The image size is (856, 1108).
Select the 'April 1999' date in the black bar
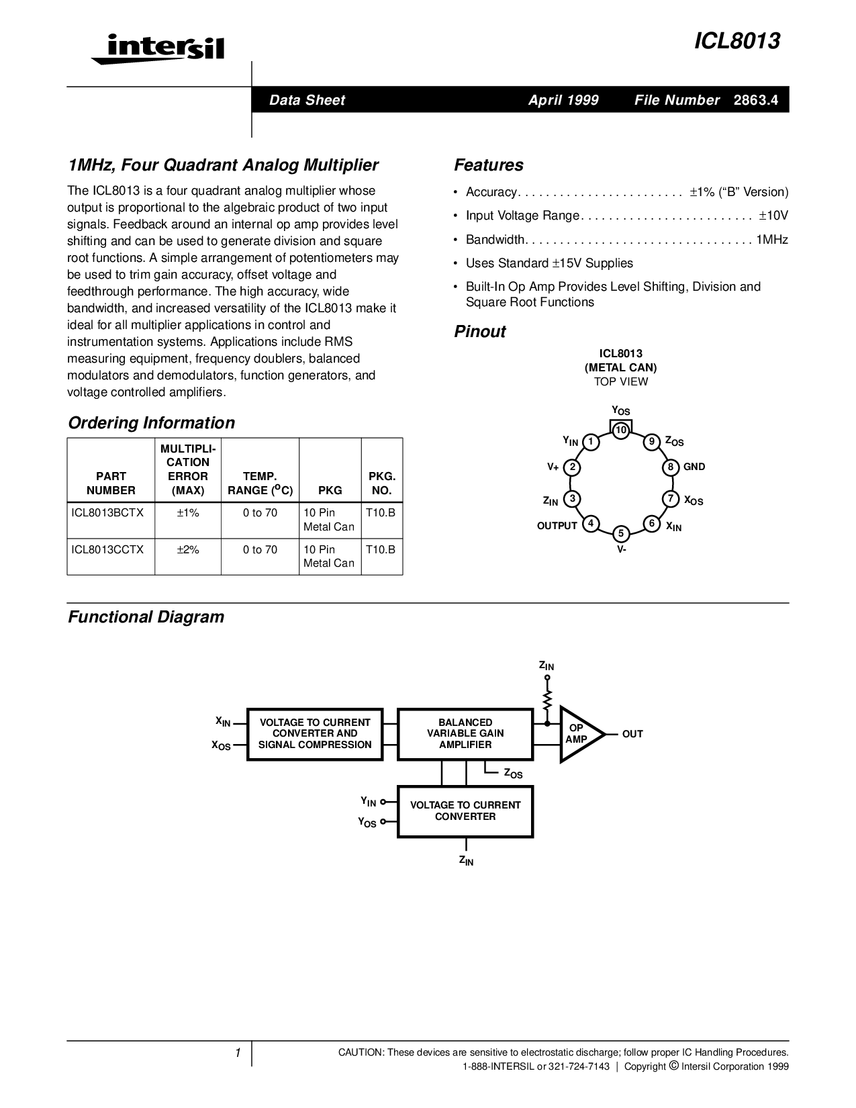[x=563, y=100]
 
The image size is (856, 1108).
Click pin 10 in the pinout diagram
[x=621, y=430]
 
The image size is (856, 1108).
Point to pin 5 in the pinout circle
[x=621, y=534]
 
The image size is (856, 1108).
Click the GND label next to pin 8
[x=694, y=467]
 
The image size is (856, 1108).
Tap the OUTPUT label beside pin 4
[x=557, y=526]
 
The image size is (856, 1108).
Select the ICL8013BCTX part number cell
[x=107, y=512]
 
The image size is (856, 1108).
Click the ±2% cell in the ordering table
[x=188, y=549]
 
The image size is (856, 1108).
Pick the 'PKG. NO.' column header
[x=382, y=483]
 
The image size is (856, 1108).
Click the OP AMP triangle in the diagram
[x=578, y=734]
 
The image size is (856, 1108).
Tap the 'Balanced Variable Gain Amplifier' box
[x=465, y=734]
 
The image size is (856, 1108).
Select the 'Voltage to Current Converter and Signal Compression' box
[x=315, y=734]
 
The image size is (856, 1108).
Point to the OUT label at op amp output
[x=632, y=734]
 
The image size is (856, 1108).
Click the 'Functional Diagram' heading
[x=146, y=616]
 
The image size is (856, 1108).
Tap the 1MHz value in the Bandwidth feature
[x=772, y=240]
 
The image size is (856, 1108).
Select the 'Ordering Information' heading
[x=152, y=422]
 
